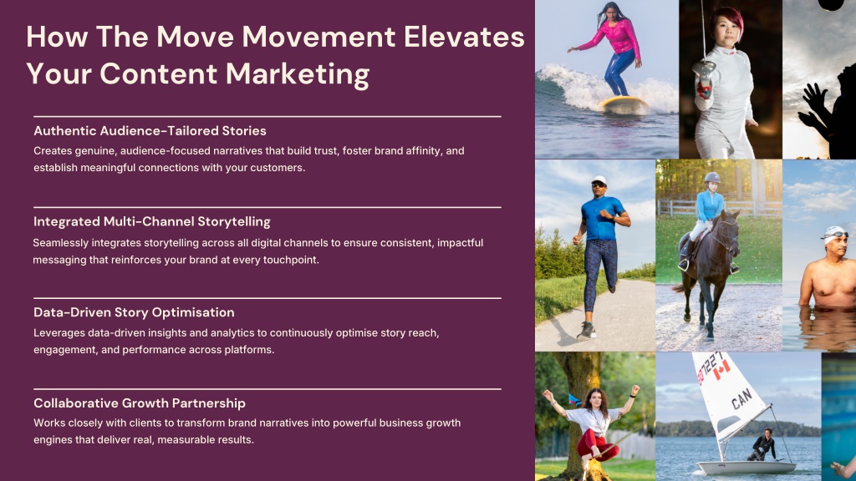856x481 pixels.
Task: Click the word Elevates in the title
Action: coord(464,37)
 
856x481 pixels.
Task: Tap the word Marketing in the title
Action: coord(298,74)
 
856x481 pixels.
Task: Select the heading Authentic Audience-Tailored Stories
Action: coord(150,131)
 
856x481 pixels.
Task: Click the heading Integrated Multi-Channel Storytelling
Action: coord(152,222)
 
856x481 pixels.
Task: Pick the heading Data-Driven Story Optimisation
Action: coord(134,312)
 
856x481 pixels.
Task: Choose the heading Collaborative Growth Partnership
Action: coord(140,403)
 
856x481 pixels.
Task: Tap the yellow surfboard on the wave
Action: coord(623,104)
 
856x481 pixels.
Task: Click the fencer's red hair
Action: coord(728,20)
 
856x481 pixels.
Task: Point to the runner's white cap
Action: coord(599,180)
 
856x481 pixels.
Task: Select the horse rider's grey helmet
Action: coord(712,177)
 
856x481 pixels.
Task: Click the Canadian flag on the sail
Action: coord(721,370)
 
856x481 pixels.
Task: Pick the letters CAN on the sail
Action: coord(741,398)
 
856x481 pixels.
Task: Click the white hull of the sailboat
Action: coord(746,468)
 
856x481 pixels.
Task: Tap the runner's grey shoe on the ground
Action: coord(586,331)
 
